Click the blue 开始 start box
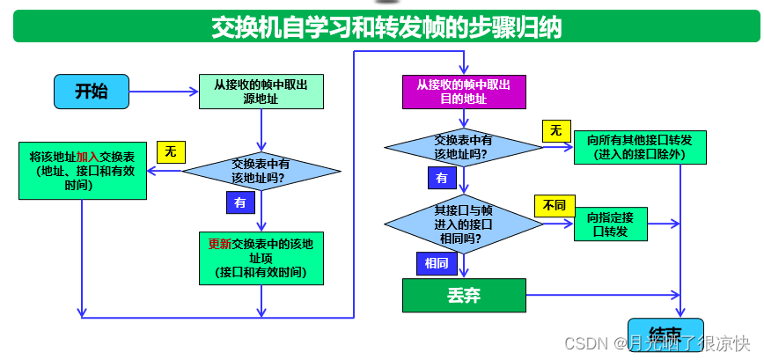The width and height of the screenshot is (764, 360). tap(92, 91)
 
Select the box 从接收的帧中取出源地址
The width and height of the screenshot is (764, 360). tap(261, 92)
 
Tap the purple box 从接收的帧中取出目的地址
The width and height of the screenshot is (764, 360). tap(463, 92)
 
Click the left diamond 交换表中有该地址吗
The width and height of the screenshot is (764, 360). tap(261, 171)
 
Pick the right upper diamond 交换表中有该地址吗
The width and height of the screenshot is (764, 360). tap(463, 146)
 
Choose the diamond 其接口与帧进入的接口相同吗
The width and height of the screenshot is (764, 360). tap(463, 224)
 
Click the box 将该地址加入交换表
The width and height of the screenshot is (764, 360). tap(83, 171)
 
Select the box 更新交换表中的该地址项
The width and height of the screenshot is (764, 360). tap(261, 257)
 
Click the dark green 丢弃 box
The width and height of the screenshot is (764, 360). tap(463, 295)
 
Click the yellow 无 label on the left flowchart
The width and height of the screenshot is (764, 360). tap(170, 151)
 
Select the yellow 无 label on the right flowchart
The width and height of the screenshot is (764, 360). tap(555, 130)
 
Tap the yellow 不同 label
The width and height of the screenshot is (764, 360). tap(553, 206)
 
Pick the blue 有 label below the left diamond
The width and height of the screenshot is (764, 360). tap(240, 202)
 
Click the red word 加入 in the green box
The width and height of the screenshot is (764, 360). tap(87, 156)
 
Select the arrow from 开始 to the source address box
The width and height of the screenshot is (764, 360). tap(164, 91)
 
